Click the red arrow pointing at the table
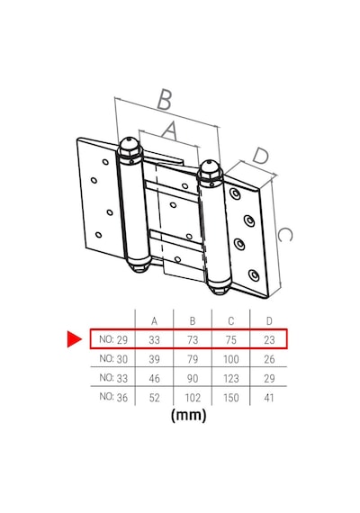pyautogui.click(x=74, y=338)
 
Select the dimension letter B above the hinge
pyautogui.click(x=165, y=99)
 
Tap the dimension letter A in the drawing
pyautogui.click(x=170, y=130)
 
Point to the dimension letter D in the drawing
pyautogui.click(x=261, y=156)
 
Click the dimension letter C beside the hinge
pyautogui.click(x=284, y=235)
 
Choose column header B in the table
pyautogui.click(x=193, y=321)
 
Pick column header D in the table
pyautogui.click(x=269, y=321)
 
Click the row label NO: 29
pyautogui.click(x=113, y=339)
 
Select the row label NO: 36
pyautogui.click(x=113, y=397)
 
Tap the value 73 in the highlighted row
pyautogui.click(x=193, y=340)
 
